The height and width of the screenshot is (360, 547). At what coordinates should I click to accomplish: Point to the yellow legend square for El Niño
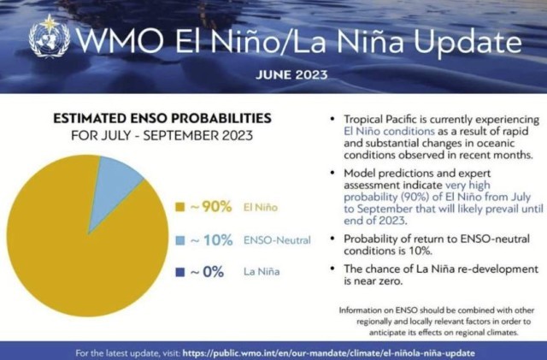click(x=179, y=208)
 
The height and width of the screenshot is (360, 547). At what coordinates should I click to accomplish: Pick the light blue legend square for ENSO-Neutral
click(x=179, y=240)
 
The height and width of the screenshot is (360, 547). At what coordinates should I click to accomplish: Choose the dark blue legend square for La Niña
click(x=179, y=272)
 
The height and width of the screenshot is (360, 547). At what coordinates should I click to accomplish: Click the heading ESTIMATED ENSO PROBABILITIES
click(x=163, y=117)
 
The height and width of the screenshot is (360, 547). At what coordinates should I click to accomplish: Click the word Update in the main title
click(x=467, y=40)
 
